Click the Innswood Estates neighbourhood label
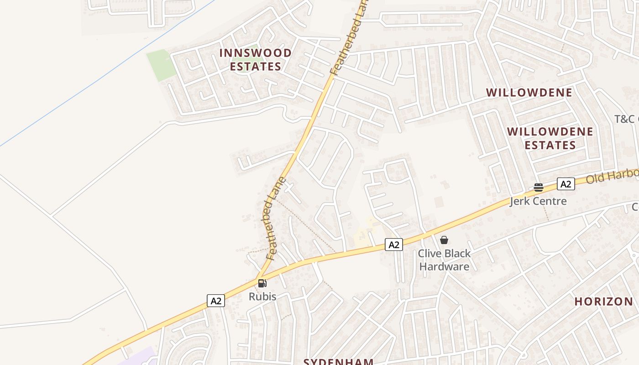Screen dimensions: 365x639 (x=255, y=60)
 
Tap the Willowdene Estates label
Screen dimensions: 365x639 (x=550, y=139)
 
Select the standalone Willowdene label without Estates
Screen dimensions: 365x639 (x=529, y=93)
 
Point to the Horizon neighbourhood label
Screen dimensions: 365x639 (x=603, y=302)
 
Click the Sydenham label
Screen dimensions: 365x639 (x=339, y=361)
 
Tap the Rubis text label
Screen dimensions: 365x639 (x=262, y=297)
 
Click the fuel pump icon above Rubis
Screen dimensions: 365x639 (x=262, y=283)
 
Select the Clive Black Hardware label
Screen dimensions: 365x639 (x=445, y=260)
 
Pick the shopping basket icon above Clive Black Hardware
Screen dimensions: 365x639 (x=444, y=240)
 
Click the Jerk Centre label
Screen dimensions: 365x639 (x=538, y=201)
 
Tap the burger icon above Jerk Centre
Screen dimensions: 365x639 (x=539, y=187)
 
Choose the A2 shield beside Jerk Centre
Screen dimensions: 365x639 (x=566, y=184)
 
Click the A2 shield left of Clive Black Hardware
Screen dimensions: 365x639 (x=394, y=245)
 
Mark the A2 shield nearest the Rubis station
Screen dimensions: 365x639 (x=216, y=301)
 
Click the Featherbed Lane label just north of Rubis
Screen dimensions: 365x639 (x=275, y=219)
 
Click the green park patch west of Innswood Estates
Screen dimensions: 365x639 (x=161, y=65)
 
